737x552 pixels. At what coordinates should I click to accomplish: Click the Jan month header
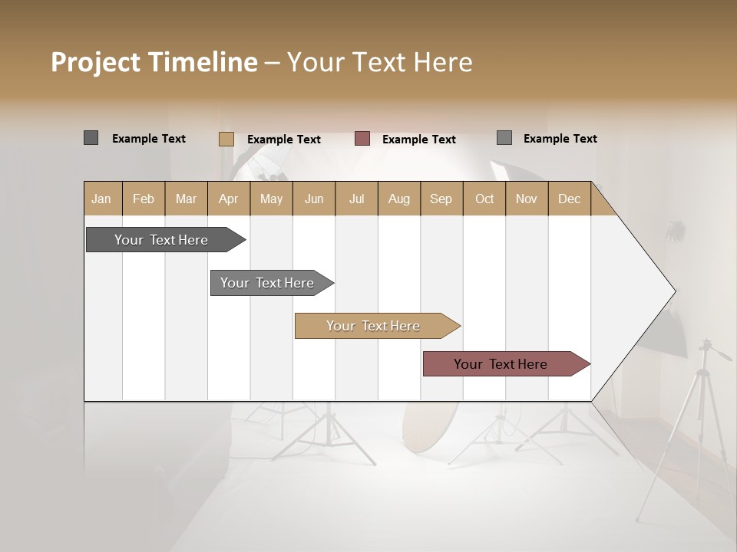[102, 199]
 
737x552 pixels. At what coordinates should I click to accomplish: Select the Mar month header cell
[186, 199]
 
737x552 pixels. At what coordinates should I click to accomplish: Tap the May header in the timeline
[271, 199]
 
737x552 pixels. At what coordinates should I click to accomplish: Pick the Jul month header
[356, 199]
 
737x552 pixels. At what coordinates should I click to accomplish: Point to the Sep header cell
[441, 199]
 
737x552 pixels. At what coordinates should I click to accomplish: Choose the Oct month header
[484, 199]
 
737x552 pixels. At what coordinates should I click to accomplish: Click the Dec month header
[569, 199]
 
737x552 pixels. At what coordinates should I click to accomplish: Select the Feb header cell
[144, 199]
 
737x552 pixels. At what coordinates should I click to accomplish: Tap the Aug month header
[398, 199]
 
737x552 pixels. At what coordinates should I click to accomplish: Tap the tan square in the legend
[226, 139]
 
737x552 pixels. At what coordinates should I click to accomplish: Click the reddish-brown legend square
[362, 139]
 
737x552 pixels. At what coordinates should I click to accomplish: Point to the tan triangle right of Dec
[600, 205]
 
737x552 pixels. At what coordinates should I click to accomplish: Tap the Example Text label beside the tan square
[283, 140]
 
